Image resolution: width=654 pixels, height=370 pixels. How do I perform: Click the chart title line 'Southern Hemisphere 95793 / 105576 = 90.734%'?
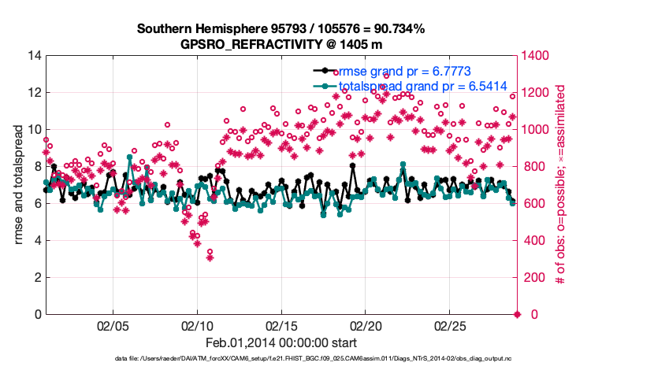(x=281, y=29)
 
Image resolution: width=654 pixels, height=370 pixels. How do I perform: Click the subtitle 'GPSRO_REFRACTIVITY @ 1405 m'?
(x=281, y=44)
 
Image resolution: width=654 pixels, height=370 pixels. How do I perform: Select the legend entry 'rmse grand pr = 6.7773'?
(x=404, y=71)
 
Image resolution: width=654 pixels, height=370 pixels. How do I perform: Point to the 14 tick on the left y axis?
(x=33, y=56)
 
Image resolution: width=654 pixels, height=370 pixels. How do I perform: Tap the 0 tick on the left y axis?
(x=36, y=315)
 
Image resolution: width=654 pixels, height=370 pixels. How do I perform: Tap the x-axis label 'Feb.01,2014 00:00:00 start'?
(x=281, y=342)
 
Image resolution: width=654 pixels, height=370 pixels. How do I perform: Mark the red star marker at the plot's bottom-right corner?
(x=517, y=315)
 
